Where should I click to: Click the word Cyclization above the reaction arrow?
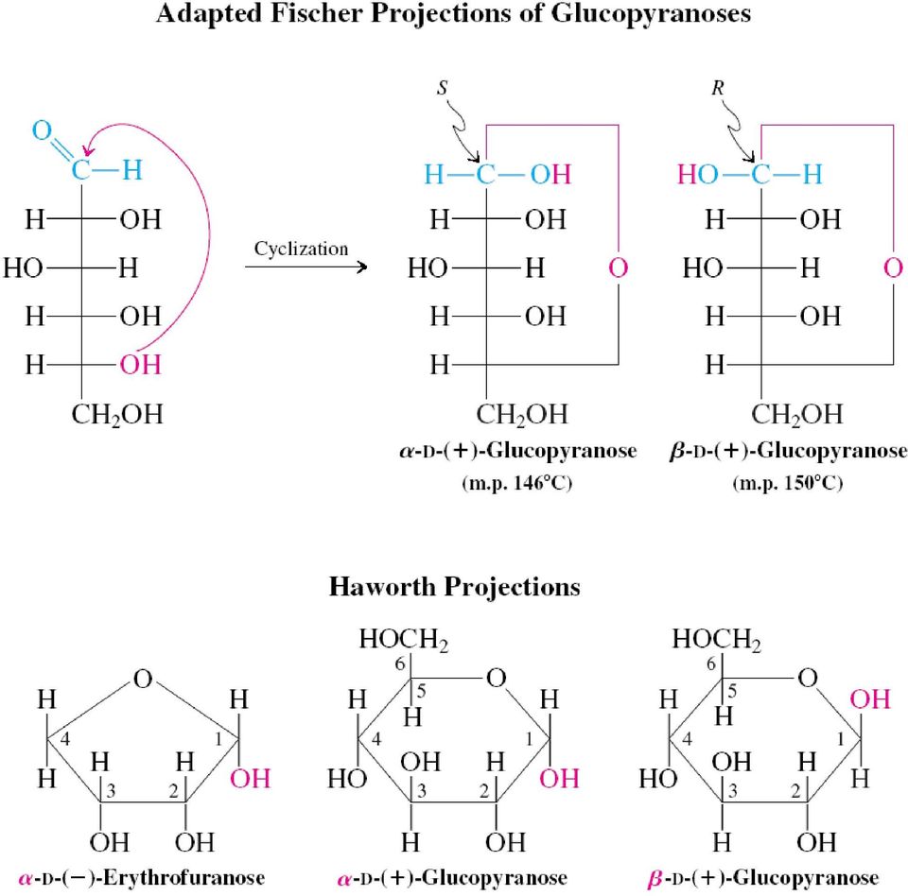point(301,249)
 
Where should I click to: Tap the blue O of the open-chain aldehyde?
point(42,130)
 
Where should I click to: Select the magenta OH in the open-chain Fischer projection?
point(140,365)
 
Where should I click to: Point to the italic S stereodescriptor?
point(443,88)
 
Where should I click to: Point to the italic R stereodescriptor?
point(718,88)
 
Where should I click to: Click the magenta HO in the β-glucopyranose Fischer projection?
point(698,174)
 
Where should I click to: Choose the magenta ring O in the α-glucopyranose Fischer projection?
point(619,268)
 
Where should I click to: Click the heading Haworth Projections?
point(455,587)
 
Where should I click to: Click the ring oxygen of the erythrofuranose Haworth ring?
point(143,679)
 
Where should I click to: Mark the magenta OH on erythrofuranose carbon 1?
point(250,779)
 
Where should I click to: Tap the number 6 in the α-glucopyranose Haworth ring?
point(400,663)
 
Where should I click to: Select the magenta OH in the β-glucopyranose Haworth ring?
point(870,699)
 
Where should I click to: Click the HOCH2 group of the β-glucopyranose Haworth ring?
point(716,640)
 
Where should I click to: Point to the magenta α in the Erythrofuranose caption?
point(25,879)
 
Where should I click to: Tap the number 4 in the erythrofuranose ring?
point(65,739)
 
